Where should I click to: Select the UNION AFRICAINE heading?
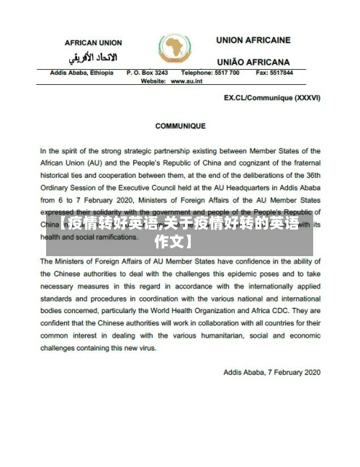[x=253, y=40]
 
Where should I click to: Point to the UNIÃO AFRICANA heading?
[x=253, y=62]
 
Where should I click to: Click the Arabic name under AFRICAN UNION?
[x=93, y=57]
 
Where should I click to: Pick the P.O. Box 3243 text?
[x=147, y=73]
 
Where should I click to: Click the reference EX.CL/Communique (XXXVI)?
[x=272, y=97]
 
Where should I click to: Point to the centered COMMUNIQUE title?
[x=179, y=126]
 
